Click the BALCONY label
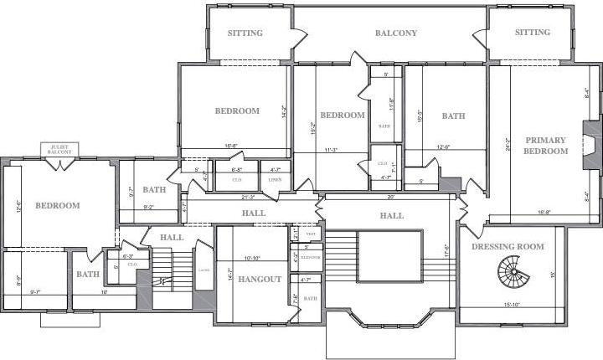[x=395, y=33]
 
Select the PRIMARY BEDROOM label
[x=545, y=146]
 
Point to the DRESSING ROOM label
[x=508, y=246]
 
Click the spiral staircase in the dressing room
[x=511, y=272]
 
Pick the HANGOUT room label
[x=259, y=279]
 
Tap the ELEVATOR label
[x=311, y=257]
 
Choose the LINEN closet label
[x=275, y=179]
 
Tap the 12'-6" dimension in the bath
[x=449, y=147]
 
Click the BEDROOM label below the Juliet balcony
[x=57, y=205]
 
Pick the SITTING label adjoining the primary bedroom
[x=533, y=33]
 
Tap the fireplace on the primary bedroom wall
[x=591, y=145]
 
